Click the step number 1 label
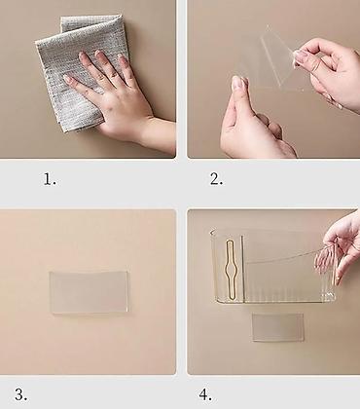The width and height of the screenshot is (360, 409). pos(50,179)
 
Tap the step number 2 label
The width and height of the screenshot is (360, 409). pos(216,179)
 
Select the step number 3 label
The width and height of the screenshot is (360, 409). pos(21,394)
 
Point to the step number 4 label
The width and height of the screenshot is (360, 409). pos(205,394)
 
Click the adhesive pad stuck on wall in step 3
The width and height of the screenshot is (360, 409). pos(89,292)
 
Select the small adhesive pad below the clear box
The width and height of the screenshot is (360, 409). pos(278,327)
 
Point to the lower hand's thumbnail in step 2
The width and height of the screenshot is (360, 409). pos(239,84)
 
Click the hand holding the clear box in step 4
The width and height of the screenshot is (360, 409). pos(341,250)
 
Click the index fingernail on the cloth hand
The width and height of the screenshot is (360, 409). pos(68,79)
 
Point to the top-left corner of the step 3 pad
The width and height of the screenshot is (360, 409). pos(50,273)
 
